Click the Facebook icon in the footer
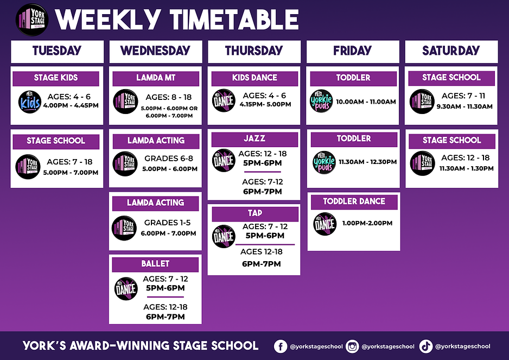281,345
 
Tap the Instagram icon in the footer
352,345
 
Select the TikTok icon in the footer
425,345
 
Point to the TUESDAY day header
57,51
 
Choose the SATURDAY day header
451,51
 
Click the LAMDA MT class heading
156,78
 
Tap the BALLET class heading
156,264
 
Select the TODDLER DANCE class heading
354,202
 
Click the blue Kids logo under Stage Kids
30,102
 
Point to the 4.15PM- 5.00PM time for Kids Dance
265,104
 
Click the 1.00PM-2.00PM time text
367,223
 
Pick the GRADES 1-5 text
168,223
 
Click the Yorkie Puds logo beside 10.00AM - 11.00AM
321,102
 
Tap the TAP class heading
254,213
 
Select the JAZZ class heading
254,139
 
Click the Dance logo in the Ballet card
126,289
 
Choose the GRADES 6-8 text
168,159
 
